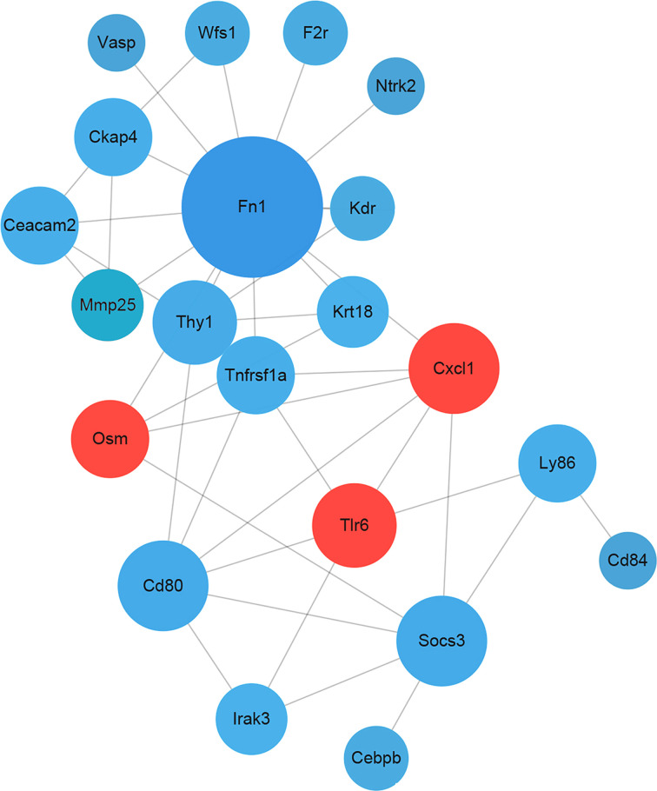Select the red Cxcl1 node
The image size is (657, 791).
(455, 369)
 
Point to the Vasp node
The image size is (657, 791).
(110, 42)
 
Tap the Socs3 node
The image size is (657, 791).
(442, 641)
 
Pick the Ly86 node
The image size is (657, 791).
(557, 463)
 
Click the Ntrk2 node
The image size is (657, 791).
(396, 87)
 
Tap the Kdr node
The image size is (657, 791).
(362, 209)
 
